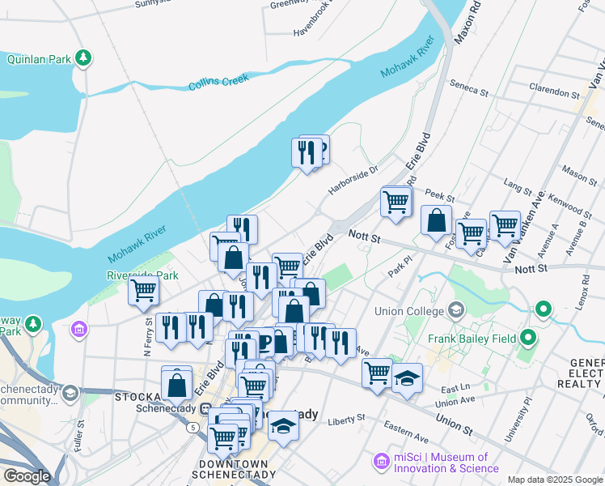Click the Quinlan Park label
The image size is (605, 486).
point(38,59)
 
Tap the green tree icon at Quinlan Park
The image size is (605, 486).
point(82,58)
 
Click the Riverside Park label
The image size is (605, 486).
point(143,275)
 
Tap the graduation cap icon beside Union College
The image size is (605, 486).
point(456,310)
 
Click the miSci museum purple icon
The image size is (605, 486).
point(381,462)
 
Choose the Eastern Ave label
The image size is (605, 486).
point(406,427)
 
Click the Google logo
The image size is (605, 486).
point(27,476)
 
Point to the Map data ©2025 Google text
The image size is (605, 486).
point(554,480)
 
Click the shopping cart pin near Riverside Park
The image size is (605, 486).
point(143,291)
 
